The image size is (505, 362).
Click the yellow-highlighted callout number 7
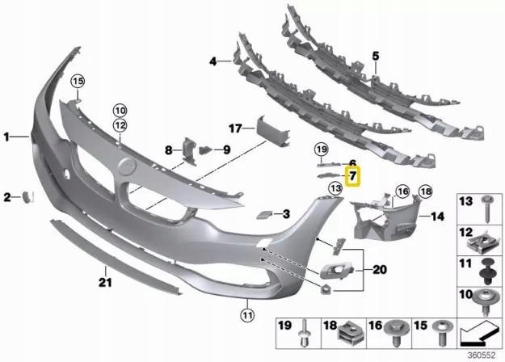click(353, 175)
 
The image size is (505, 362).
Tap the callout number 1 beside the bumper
click(9, 138)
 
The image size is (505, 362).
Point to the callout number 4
click(213, 61)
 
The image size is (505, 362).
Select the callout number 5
click(375, 55)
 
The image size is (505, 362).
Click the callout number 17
click(235, 128)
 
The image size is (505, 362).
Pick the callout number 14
click(437, 217)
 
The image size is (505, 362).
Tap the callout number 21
click(103, 282)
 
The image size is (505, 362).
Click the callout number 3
click(285, 214)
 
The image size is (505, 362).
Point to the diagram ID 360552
click(483, 354)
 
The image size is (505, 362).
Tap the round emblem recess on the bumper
click(128, 168)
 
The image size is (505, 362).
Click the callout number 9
click(226, 149)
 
